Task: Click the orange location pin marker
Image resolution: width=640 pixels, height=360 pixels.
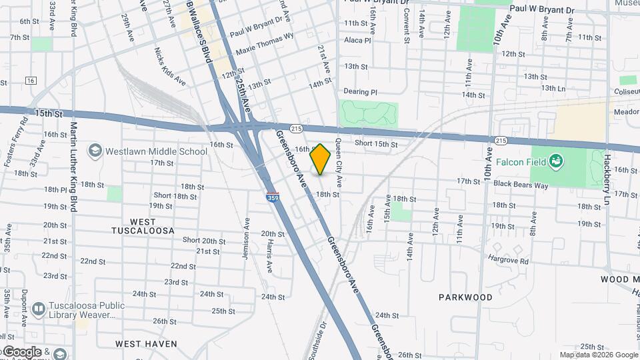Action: tap(321, 159)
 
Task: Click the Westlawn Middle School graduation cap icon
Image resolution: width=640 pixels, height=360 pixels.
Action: tap(95, 151)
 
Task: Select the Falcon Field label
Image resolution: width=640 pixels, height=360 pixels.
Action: tap(521, 162)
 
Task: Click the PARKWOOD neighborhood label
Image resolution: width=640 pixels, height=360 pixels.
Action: tap(466, 297)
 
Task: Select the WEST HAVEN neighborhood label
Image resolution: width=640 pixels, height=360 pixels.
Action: tap(146, 344)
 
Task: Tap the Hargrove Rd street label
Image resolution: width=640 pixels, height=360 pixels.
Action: tap(507, 261)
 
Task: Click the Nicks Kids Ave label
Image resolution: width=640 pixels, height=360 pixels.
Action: tap(169, 67)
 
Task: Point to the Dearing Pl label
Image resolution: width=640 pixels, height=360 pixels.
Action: tap(360, 92)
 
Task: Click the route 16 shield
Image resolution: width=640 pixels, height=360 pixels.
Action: tap(31, 81)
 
